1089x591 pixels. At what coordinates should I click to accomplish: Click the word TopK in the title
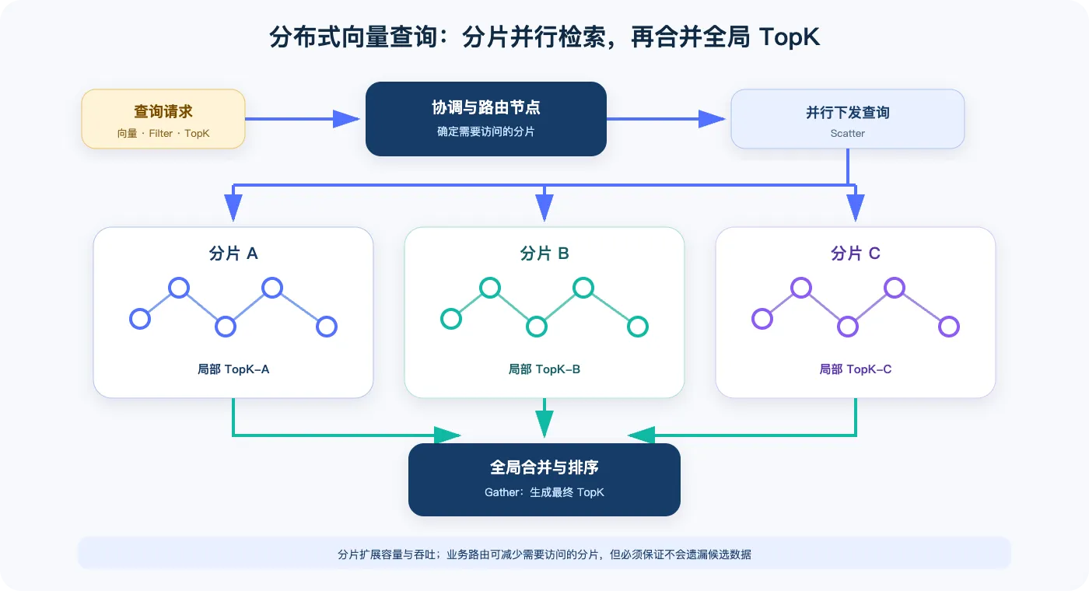789,37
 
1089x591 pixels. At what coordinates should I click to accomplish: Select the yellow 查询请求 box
163,119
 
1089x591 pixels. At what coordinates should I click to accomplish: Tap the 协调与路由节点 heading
485,107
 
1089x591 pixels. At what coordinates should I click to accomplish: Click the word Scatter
847,133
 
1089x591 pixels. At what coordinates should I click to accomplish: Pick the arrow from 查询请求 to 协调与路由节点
303,119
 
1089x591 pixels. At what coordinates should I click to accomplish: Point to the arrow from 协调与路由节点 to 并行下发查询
666,119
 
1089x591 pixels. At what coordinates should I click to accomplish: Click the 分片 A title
233,254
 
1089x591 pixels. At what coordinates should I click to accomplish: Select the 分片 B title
544,254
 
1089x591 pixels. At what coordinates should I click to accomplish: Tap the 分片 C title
856,254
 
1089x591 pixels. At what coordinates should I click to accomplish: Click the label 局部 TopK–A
233,369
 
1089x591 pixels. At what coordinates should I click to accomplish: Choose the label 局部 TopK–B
544,369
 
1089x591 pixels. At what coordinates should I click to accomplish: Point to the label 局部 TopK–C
856,369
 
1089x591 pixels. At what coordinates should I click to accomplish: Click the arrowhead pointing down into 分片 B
544,207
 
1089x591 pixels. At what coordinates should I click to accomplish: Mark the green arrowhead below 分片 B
544,424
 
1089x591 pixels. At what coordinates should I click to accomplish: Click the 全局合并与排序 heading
544,467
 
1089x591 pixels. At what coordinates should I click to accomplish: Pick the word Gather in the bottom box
501,492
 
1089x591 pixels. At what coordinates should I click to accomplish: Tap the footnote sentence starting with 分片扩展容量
544,554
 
